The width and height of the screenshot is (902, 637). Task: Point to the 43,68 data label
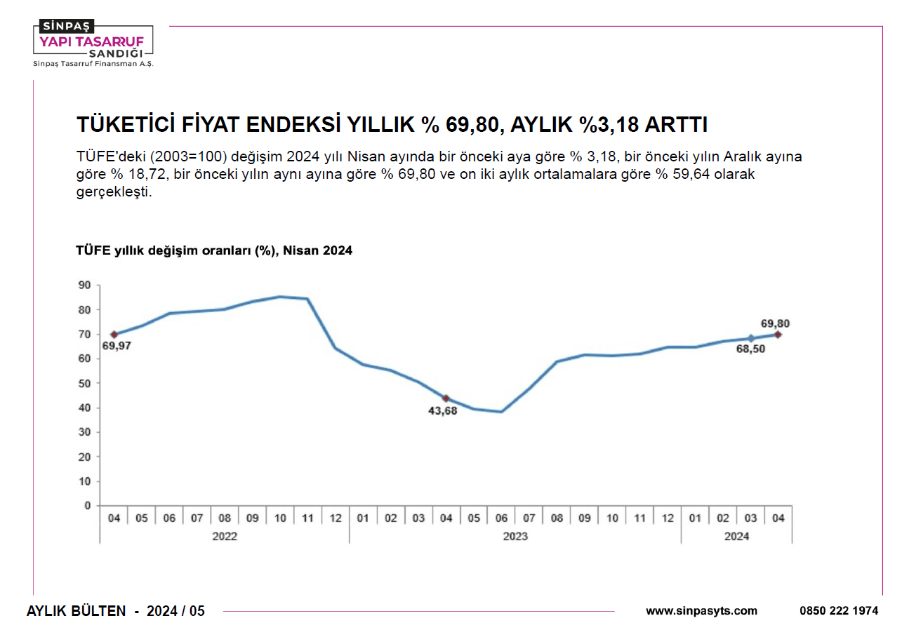tap(442, 411)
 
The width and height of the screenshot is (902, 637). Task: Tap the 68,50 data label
tap(750, 349)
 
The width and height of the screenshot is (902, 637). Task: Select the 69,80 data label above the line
tap(775, 323)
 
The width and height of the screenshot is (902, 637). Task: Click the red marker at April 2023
tap(446, 398)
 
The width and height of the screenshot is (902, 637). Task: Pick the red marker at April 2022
tap(114, 335)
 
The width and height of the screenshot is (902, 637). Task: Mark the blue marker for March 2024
tap(750, 338)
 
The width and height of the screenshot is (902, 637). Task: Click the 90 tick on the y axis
tap(84, 285)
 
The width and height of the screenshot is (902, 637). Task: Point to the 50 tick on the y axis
tap(84, 383)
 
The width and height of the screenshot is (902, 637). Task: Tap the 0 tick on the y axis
tap(88, 505)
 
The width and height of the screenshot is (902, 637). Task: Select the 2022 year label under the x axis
tap(225, 537)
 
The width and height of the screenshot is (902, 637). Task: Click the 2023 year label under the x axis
tap(515, 537)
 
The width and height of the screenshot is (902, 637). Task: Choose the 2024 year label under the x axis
tap(736, 537)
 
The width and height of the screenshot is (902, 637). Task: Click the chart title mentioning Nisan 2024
tap(214, 250)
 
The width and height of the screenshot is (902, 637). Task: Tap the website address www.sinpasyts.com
tap(701, 611)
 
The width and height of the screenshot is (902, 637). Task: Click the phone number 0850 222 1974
tap(838, 611)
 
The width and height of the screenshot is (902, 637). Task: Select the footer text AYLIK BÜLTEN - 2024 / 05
tap(116, 611)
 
